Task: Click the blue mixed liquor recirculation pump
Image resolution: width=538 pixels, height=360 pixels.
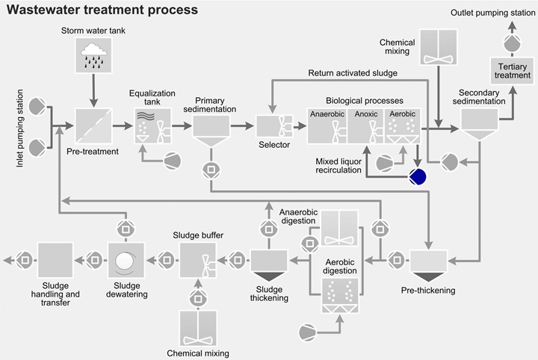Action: [x=417, y=176]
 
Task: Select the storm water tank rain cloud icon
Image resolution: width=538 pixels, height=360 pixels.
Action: [x=93, y=54]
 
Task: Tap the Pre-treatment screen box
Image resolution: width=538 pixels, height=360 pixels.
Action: [x=93, y=125]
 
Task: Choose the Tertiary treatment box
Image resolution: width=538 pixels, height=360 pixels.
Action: [x=513, y=70]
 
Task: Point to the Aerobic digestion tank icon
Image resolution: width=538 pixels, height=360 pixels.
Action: [x=340, y=295]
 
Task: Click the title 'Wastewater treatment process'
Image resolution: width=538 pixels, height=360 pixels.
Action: [x=102, y=10]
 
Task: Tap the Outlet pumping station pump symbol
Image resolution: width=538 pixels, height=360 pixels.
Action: [x=513, y=43]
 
